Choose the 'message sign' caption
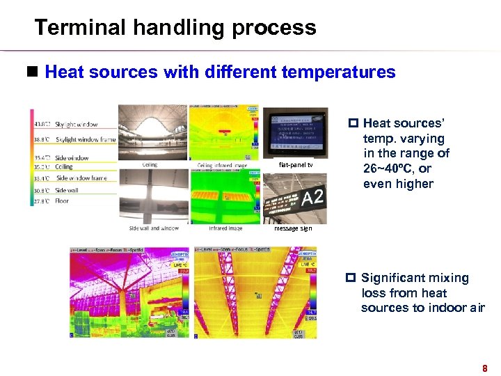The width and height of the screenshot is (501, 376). tap(293, 228)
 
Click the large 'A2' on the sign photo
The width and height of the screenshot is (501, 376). tap(312, 198)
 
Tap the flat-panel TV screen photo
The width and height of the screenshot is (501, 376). tap(298, 132)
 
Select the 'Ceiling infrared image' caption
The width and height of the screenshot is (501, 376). tap(221, 165)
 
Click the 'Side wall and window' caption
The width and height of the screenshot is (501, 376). tap(154, 228)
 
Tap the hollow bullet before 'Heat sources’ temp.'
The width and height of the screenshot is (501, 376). tap(352, 124)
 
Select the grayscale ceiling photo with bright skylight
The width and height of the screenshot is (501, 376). tap(152, 132)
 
